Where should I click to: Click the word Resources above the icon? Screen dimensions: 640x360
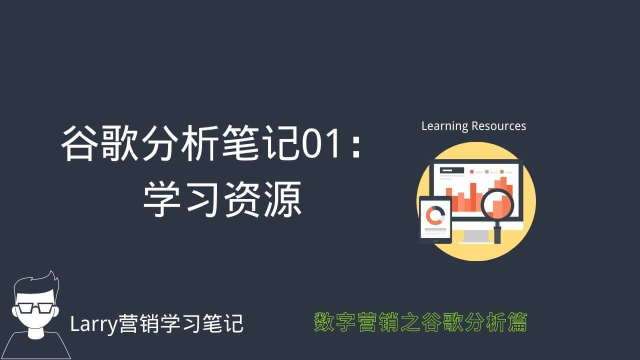(x=499, y=126)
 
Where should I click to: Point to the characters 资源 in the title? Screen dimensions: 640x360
(x=263, y=199)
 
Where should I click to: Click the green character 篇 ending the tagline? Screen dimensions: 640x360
(x=517, y=322)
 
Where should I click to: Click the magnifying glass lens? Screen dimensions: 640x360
(x=497, y=204)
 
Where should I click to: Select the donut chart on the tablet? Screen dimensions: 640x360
(x=435, y=215)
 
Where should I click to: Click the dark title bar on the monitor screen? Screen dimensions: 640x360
(x=451, y=170)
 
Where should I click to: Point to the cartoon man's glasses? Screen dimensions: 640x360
(x=35, y=308)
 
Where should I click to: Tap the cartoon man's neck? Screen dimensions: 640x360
(x=36, y=332)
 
